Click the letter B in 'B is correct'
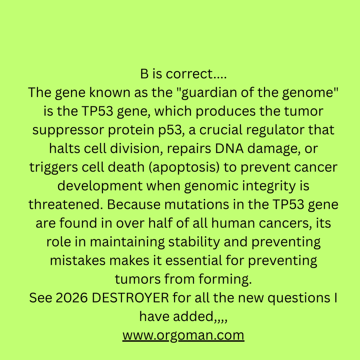click(144, 74)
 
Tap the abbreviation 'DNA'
click(229, 149)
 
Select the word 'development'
click(100, 186)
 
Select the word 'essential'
click(194, 261)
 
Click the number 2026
click(72, 298)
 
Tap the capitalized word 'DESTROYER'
click(130, 298)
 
